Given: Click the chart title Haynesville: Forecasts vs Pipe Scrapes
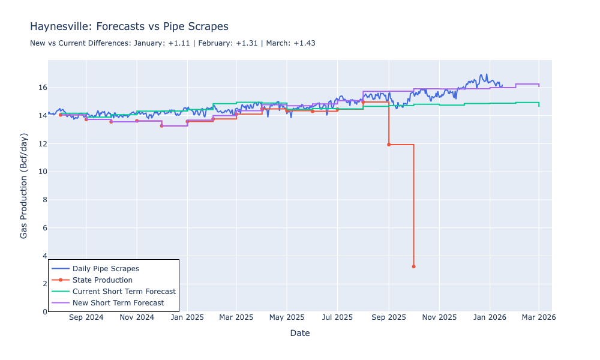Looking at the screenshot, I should pyautogui.click(x=129, y=27).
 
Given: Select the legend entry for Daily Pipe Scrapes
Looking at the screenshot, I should pyautogui.click(x=106, y=269).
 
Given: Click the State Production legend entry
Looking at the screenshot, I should pyautogui.click(x=102, y=280).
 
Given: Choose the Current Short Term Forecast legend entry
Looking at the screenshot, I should pyautogui.click(x=124, y=292).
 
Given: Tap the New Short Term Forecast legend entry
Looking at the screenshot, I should pyautogui.click(x=118, y=303).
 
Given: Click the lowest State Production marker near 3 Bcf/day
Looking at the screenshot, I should pyautogui.click(x=413, y=266).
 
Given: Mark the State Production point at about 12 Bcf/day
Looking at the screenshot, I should pyautogui.click(x=389, y=145).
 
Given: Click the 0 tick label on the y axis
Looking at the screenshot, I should pyautogui.click(x=43, y=312).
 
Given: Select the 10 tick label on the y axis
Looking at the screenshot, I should pyautogui.click(x=41, y=172).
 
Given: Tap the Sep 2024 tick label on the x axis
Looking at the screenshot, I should pyautogui.click(x=86, y=317).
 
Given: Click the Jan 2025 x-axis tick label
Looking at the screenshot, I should pyautogui.click(x=187, y=317).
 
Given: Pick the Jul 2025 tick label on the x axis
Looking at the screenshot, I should pyautogui.click(x=337, y=317).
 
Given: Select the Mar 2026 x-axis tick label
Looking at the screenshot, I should pyautogui.click(x=538, y=317).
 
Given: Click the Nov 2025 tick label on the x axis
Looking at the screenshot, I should pyautogui.click(x=439, y=317).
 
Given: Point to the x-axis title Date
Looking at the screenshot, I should pyautogui.click(x=299, y=333).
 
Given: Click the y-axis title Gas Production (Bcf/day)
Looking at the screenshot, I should pyautogui.click(x=24, y=186).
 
